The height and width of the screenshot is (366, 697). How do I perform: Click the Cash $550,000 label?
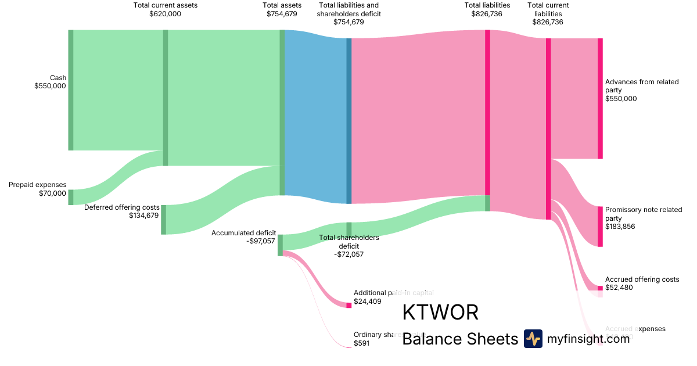pyautogui.click(x=51, y=82)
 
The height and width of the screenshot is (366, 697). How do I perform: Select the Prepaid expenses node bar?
pyautogui.click(x=71, y=197)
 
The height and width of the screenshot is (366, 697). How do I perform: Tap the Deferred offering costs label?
pyautogui.click(x=122, y=211)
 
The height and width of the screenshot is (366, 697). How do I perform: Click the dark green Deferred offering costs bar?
pyautogui.click(x=164, y=220)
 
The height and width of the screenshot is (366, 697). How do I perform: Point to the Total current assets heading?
pyautogui.click(x=165, y=10)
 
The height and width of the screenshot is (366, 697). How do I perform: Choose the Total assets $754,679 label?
pyautogui.click(x=282, y=10)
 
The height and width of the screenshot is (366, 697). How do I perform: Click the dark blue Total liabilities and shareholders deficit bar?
pyautogui.click(x=349, y=121)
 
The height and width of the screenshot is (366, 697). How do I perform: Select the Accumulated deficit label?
pyautogui.click(x=243, y=237)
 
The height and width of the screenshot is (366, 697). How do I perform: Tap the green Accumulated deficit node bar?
pyautogui.click(x=280, y=245)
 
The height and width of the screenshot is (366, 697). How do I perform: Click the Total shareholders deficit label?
pyautogui.click(x=349, y=246)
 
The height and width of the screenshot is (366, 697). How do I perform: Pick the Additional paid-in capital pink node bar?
pyautogui.click(x=349, y=305)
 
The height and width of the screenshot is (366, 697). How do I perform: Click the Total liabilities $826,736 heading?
pyautogui.click(x=487, y=10)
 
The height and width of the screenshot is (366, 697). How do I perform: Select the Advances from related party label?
pyautogui.click(x=641, y=90)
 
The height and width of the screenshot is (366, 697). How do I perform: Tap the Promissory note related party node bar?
pyautogui.click(x=600, y=226)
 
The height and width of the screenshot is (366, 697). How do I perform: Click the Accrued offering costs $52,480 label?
pyautogui.click(x=641, y=284)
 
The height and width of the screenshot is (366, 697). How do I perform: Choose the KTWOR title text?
pyautogui.click(x=440, y=313)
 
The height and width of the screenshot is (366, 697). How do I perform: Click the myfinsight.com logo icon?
pyautogui.click(x=533, y=339)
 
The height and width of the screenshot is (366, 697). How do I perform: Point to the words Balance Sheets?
pyautogui.click(x=459, y=339)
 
